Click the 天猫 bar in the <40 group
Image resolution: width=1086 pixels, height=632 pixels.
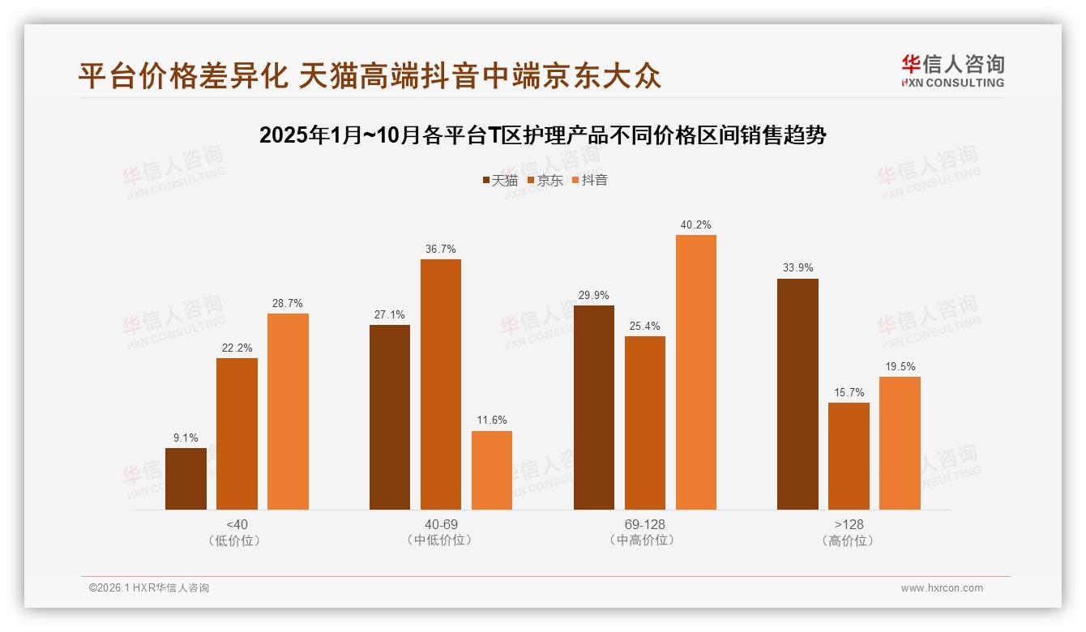pyautogui.click(x=186, y=479)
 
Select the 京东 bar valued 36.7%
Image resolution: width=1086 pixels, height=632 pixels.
pyautogui.click(x=441, y=384)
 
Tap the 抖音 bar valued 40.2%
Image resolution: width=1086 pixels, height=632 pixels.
pyautogui.click(x=696, y=372)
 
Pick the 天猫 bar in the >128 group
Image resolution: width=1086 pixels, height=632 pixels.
pyautogui.click(x=797, y=394)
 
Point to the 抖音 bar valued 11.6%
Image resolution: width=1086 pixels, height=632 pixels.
pyautogui.click(x=492, y=470)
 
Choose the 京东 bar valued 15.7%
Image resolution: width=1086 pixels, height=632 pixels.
pyautogui.click(x=849, y=456)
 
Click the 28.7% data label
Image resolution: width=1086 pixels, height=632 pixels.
pyautogui.click(x=288, y=304)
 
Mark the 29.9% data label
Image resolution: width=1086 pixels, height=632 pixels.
pyautogui.click(x=594, y=296)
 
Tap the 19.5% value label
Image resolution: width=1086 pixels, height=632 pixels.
pyautogui.click(x=900, y=367)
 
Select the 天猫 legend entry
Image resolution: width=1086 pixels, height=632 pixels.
pyautogui.click(x=500, y=181)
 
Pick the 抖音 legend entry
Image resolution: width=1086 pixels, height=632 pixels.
pyautogui.click(x=590, y=181)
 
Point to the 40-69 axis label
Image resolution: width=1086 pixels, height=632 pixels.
pyautogui.click(x=441, y=524)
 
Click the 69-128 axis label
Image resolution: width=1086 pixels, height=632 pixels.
pyautogui.click(x=645, y=524)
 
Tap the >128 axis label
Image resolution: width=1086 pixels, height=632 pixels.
pyautogui.click(x=849, y=524)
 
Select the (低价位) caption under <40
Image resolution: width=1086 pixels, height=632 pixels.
pyautogui.click(x=237, y=540)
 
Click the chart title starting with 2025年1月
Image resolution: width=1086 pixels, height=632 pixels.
pyautogui.click(x=542, y=135)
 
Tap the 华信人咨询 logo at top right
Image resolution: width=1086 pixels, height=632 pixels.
pyautogui.click(x=952, y=70)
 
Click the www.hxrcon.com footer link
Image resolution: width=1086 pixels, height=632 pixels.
pyautogui.click(x=942, y=588)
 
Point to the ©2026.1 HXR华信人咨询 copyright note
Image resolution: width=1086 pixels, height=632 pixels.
pyautogui.click(x=149, y=588)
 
